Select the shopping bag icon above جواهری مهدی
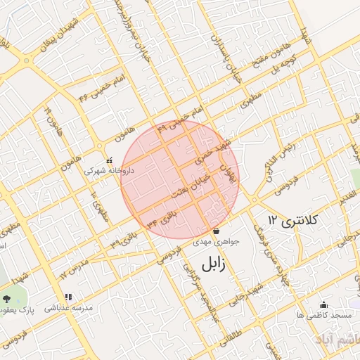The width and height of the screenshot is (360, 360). click(x=216, y=231)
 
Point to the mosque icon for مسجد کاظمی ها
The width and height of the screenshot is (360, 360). click(x=323, y=304)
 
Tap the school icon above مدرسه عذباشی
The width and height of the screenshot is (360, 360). click(x=68, y=297)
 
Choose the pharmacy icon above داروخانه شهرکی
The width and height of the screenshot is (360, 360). click(x=108, y=160)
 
